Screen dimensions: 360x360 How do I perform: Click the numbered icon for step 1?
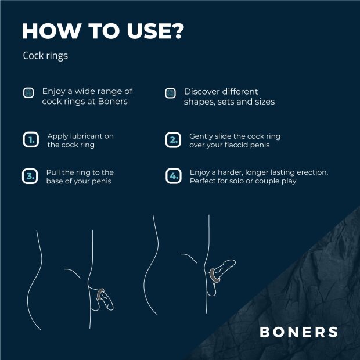[30, 141]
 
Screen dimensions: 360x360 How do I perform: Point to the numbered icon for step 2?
[172, 141]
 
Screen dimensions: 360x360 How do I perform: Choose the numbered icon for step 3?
[30, 177]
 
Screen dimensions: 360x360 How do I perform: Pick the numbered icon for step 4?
[172, 177]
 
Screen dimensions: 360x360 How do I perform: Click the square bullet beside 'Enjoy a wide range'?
[28, 93]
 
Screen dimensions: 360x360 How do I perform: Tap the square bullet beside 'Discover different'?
[170, 93]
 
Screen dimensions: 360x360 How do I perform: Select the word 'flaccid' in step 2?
[239, 145]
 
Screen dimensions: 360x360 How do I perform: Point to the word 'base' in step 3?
[56, 181]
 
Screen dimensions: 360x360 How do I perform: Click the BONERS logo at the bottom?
[298, 332]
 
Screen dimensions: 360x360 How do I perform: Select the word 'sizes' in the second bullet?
[263, 102]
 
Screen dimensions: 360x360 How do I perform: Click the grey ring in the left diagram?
[101, 293]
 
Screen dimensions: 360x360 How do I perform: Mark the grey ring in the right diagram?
[217, 273]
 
